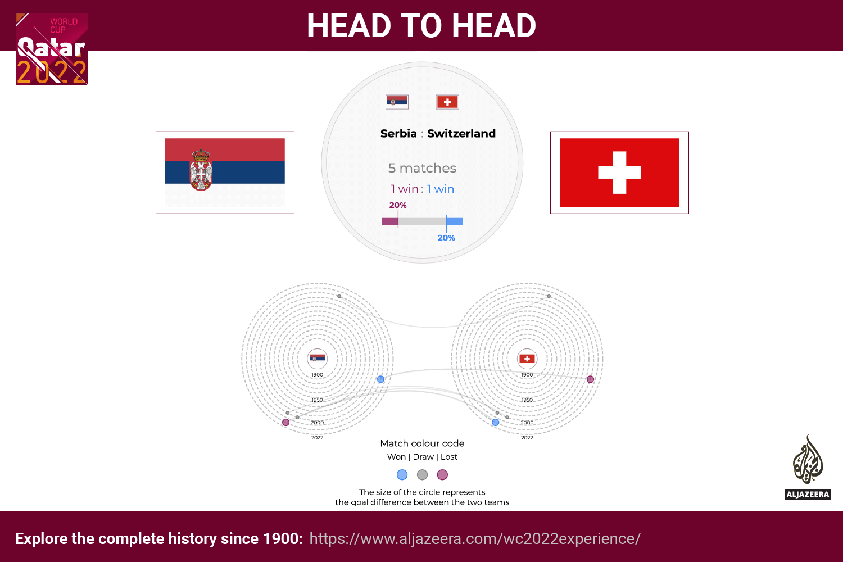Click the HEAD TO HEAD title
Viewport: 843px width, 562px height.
point(422,26)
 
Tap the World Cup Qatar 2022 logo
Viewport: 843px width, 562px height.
point(52,49)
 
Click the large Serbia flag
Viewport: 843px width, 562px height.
point(225,173)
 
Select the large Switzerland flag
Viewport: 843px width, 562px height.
point(619,173)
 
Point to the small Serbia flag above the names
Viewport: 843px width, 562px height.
point(397,102)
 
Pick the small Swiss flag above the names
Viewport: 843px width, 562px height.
point(447,102)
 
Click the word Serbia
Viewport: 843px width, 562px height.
point(398,134)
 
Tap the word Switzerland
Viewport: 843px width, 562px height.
point(461,134)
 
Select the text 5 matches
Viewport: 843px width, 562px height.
point(422,168)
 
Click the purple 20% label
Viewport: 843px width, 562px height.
point(398,205)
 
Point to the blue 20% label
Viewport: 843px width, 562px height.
point(446,238)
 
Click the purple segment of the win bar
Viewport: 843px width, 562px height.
point(390,221)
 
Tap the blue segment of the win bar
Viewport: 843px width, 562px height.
point(455,221)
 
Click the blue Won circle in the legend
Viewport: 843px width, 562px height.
point(402,475)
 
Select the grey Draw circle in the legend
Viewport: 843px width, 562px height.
point(423,475)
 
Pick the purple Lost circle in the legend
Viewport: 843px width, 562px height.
point(443,475)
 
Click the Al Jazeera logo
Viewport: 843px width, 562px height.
point(808,467)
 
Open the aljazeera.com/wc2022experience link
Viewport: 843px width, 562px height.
point(475,538)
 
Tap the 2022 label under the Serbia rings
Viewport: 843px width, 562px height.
point(318,438)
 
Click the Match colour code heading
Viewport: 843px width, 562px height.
point(422,443)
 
